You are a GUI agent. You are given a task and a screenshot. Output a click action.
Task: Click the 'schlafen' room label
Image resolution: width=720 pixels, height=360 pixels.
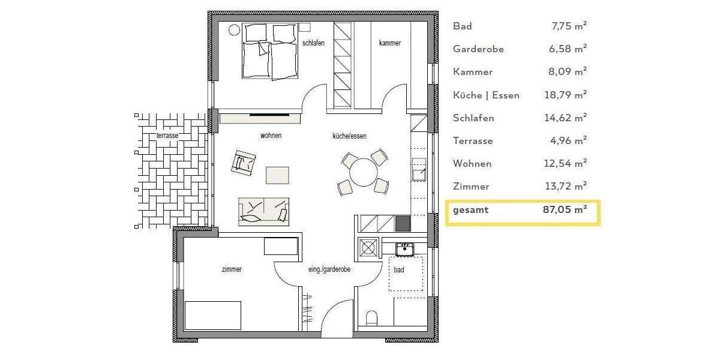coord(314,43)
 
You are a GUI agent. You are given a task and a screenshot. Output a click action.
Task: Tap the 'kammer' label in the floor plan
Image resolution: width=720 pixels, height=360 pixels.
coord(390,43)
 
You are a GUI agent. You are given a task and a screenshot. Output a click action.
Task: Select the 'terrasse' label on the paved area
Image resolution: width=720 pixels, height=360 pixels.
coord(167,136)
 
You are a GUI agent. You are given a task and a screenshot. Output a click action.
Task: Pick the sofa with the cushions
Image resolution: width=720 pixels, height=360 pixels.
coord(264,211)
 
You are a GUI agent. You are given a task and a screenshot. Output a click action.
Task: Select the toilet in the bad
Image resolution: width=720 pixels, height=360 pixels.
coord(371,317)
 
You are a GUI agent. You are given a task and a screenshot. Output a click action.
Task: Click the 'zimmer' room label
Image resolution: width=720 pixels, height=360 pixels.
coord(232,269)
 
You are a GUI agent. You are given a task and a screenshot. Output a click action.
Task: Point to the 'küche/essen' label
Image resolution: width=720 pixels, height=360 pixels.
coord(350,136)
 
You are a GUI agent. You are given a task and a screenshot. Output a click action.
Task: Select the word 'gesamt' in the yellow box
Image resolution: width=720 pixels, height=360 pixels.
coord(471,210)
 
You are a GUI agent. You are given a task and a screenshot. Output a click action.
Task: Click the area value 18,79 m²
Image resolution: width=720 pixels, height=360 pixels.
coord(565,95)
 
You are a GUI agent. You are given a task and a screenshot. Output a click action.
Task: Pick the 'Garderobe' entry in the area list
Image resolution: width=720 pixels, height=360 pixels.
coord(478,49)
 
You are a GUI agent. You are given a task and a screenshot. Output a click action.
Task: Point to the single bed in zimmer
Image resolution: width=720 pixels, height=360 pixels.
coord(213,315)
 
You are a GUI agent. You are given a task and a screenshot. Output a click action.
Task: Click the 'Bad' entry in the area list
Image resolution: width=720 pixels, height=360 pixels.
coord(463,26)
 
